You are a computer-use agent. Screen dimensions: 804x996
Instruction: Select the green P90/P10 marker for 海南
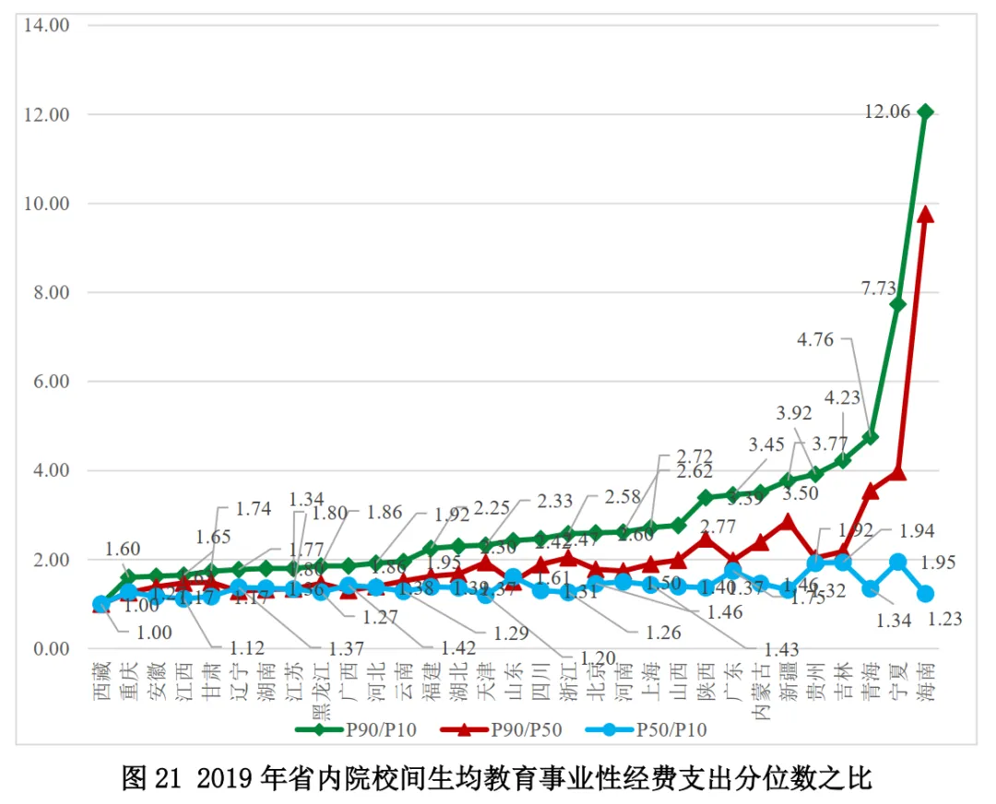pos(925,112)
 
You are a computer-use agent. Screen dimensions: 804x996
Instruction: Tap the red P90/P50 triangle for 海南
pos(925,214)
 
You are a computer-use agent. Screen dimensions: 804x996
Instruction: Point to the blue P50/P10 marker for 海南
pos(925,594)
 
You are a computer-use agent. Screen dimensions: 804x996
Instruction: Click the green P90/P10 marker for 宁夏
pos(897,304)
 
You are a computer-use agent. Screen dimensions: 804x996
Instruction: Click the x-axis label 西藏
pos(102,680)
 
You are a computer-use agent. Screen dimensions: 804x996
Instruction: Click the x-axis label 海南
pos(925,680)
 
